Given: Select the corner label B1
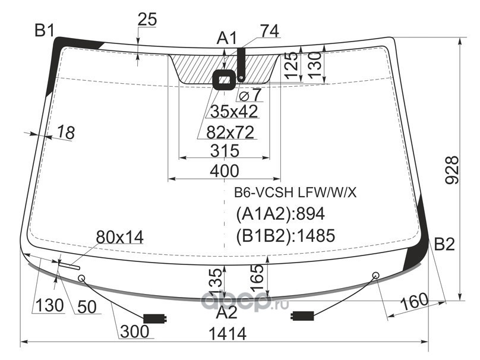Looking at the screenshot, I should coord(44,30).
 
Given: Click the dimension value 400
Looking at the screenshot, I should coord(224,171).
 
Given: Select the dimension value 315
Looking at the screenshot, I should coord(224,151).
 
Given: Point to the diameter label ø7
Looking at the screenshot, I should coord(249,94).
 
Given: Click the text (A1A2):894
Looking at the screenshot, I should coord(280,214).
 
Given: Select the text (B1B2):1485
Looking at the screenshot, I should coord(286,235).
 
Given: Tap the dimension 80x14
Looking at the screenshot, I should coord(119,238).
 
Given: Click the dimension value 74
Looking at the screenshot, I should coord(269,31).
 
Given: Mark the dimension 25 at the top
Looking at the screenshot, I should coord(147,20).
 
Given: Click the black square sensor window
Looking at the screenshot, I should coord(225,79).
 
